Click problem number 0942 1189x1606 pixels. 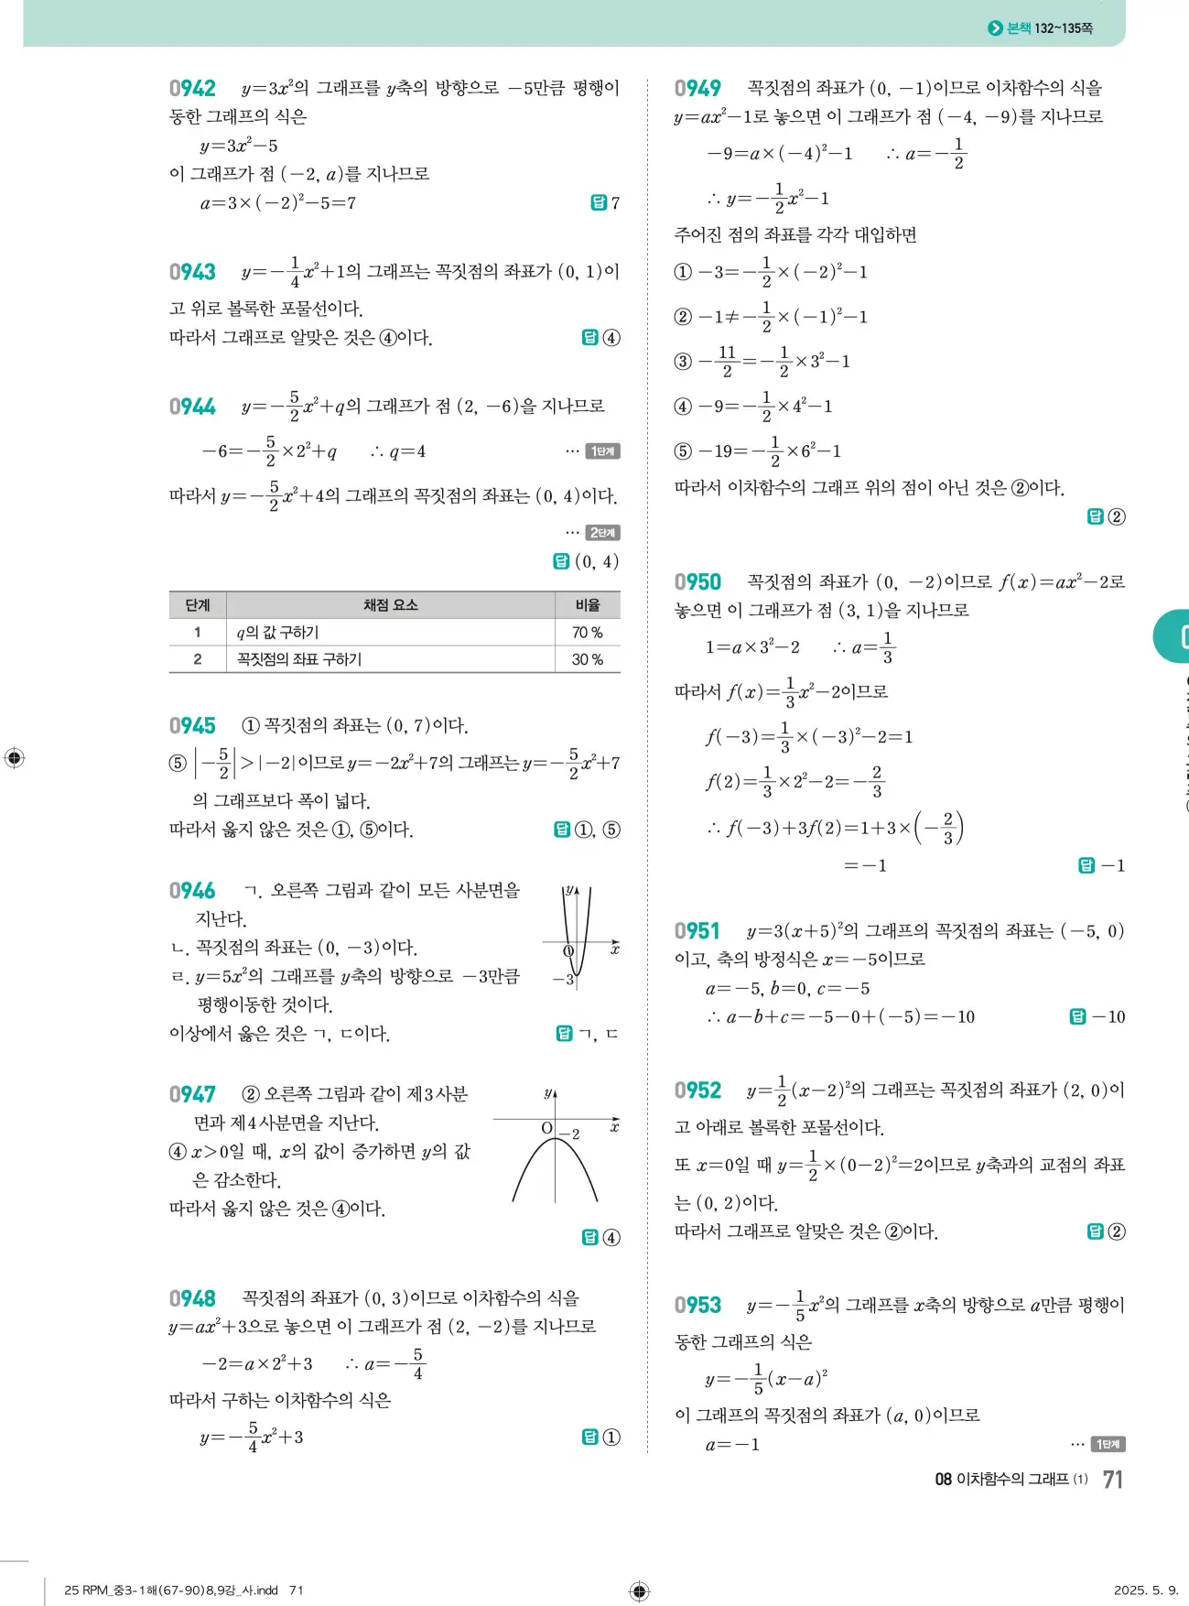tap(192, 89)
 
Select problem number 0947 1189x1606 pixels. tap(192, 1094)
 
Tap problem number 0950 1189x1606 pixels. tap(697, 582)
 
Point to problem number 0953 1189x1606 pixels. tap(697, 1305)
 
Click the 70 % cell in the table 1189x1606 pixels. tap(587, 633)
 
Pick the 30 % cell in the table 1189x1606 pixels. tap(587, 659)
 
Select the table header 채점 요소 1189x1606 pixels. tap(390, 605)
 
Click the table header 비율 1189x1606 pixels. tap(587, 605)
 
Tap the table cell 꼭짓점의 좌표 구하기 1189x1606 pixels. tap(299, 659)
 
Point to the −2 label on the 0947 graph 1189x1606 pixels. tap(569, 1134)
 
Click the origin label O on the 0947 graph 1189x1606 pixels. tap(546, 1128)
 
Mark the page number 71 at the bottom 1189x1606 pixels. tap(1112, 1480)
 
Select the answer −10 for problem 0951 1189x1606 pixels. tap(1108, 1016)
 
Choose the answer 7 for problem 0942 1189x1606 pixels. tap(615, 203)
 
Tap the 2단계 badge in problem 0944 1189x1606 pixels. tap(603, 533)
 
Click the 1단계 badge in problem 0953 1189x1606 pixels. tap(1108, 1444)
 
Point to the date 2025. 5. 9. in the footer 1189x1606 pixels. tap(1146, 1590)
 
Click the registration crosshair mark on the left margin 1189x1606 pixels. tap(15, 758)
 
